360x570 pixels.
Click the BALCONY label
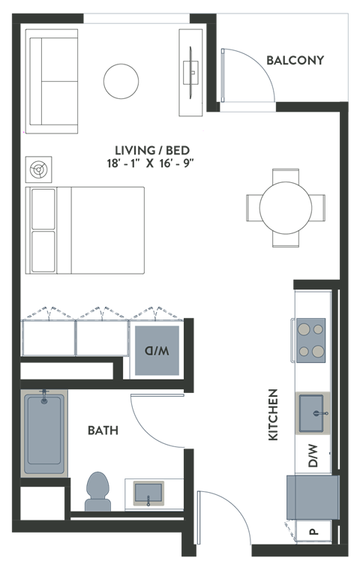click(x=295, y=60)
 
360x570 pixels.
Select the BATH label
click(x=103, y=430)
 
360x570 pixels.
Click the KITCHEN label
click(x=273, y=415)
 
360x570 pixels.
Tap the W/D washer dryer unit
click(x=157, y=349)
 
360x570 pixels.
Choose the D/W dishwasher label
click(x=313, y=455)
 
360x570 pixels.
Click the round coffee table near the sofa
click(x=121, y=81)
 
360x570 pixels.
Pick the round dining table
click(x=286, y=207)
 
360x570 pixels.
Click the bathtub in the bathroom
click(x=44, y=433)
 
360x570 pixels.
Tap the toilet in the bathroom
click(x=97, y=491)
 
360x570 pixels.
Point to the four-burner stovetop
click(x=310, y=340)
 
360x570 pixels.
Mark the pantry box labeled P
click(x=312, y=532)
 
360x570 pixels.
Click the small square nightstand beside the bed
click(x=36, y=169)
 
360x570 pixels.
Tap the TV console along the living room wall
click(x=192, y=72)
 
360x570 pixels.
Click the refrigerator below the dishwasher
click(x=312, y=496)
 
